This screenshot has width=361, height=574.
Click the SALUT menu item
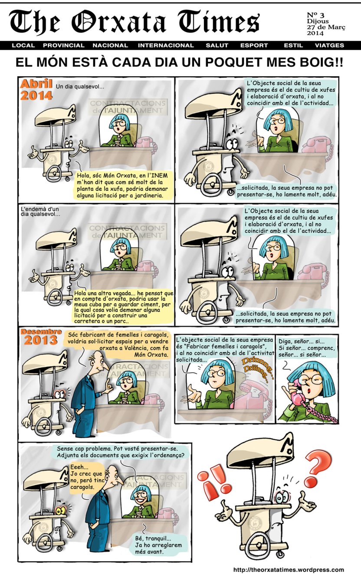click(217, 45)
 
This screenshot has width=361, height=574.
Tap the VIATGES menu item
click(329, 45)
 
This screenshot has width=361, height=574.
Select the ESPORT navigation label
click(254, 45)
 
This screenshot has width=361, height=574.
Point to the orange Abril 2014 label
click(36, 90)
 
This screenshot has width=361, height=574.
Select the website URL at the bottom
click(288, 570)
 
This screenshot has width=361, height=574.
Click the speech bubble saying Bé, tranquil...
click(158, 545)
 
